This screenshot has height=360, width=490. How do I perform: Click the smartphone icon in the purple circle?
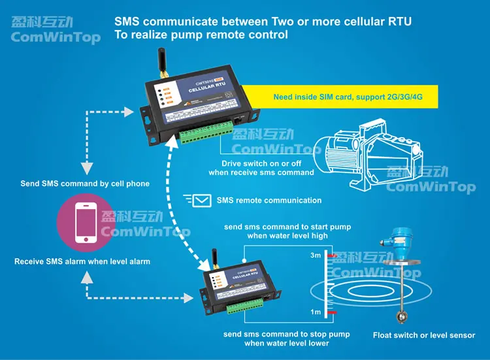(86, 223)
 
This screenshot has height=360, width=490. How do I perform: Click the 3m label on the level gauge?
(316, 255)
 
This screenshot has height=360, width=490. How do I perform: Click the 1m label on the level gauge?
(316, 312)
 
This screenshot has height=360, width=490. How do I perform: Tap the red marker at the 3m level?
(333, 255)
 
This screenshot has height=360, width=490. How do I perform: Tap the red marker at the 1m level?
(333, 314)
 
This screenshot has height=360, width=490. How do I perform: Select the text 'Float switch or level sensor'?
(424, 335)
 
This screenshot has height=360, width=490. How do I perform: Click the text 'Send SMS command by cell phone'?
(85, 184)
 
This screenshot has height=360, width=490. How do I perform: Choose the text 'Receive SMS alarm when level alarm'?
(82, 261)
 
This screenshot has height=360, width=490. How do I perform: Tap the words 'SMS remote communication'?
(269, 200)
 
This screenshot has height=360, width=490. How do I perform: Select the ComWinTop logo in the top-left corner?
(56, 31)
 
